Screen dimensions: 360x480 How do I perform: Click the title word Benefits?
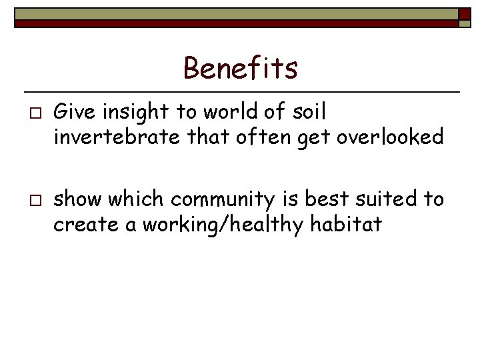coord(240,68)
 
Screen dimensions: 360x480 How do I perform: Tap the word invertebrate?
coord(117,137)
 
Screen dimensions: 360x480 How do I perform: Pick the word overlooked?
coord(389,137)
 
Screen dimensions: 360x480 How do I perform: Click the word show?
coord(78,199)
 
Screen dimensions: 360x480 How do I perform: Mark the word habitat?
coord(346,225)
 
